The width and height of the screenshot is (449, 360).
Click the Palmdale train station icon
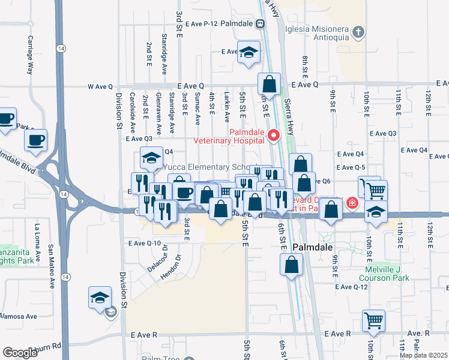pyautogui.click(x=260, y=24)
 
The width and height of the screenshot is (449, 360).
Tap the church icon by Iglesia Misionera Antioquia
pyautogui.click(x=358, y=32)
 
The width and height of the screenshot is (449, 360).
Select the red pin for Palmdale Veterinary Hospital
pyautogui.click(x=274, y=135)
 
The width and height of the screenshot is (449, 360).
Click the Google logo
pyautogui.click(x=20, y=353)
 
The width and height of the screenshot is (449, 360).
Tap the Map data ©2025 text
pyautogui.click(x=423, y=355)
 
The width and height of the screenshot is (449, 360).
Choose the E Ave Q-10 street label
pyautogui.click(x=145, y=243)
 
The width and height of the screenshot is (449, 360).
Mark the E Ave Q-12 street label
pyautogui.click(x=351, y=287)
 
